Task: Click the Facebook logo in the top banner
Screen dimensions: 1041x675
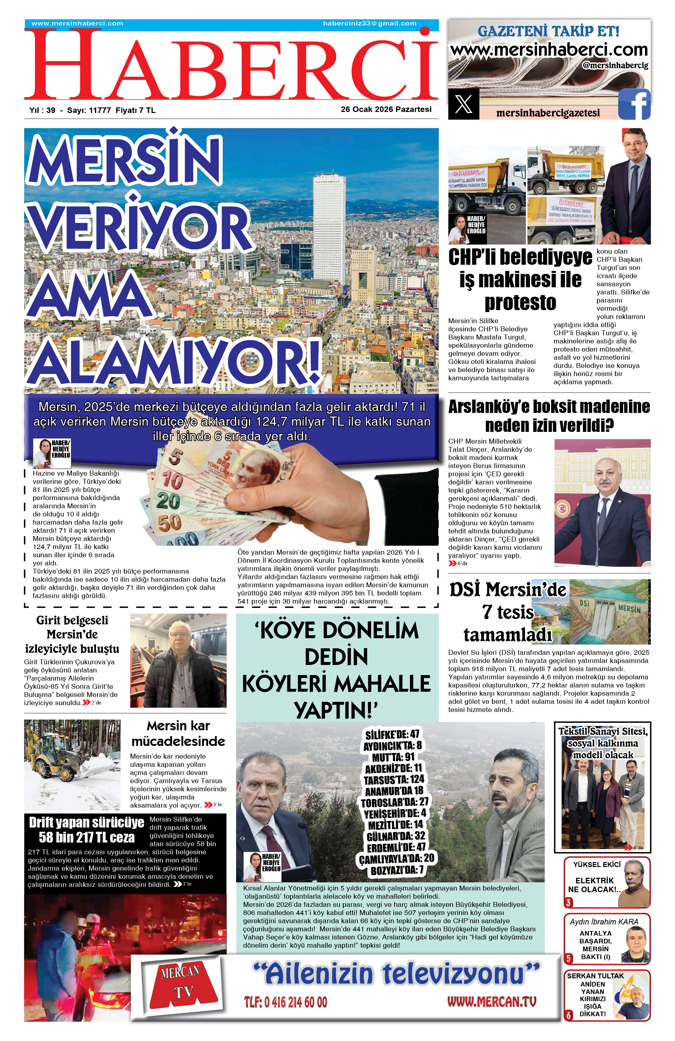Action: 634,104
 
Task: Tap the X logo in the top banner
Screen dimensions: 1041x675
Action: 463,104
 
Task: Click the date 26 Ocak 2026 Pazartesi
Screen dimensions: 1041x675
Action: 386,109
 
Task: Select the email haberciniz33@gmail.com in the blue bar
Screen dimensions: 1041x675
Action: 370,24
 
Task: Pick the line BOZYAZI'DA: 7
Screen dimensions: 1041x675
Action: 397,870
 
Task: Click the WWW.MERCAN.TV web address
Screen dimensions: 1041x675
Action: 492,1001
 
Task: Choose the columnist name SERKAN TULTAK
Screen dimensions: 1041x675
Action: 595,975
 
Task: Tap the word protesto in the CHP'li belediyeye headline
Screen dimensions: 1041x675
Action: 520,302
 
